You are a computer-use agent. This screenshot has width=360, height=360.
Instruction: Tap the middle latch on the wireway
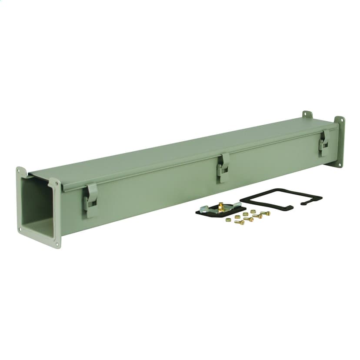click(223, 167)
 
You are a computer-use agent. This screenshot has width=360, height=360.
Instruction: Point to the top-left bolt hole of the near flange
click(18, 170)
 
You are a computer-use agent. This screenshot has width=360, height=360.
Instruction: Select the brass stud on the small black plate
click(221, 205)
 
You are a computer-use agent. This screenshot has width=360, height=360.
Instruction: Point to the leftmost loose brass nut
click(228, 220)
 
